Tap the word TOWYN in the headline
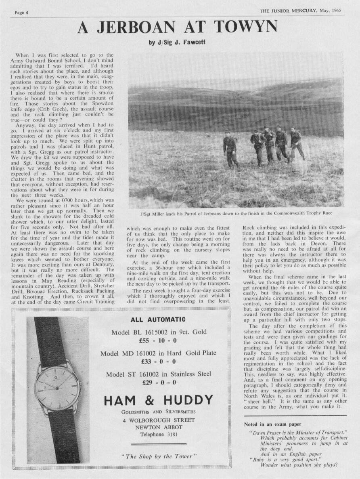coord(246,27)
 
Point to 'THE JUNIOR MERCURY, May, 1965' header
coord(300,11)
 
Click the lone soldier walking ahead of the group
coord(230,148)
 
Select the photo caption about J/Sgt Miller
coord(236,213)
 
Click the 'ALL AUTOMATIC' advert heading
coord(158,319)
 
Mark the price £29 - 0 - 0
coord(158,382)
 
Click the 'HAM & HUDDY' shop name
coord(158,400)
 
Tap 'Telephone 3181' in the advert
coord(158,435)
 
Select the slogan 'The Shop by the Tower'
coord(159,456)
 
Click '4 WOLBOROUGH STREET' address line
coord(159,420)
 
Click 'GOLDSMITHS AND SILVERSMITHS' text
coord(158,412)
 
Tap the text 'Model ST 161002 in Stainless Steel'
coord(158,374)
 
